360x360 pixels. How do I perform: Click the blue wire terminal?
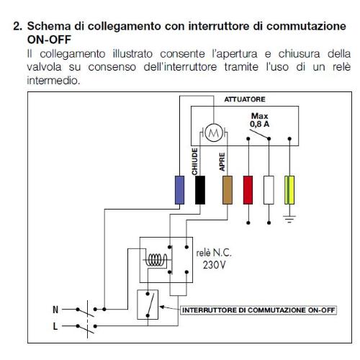click(x=179, y=190)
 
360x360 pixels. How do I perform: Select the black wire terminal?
click(x=200, y=190)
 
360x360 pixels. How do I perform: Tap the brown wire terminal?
click(x=228, y=190)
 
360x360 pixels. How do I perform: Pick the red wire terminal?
click(x=248, y=190)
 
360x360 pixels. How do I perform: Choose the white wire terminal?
click(x=269, y=190)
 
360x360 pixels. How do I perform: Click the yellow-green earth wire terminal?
click(x=289, y=190)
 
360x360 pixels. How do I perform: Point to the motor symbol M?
click(x=214, y=132)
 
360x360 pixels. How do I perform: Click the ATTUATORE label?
click(x=245, y=99)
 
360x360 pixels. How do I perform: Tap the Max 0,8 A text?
click(x=259, y=120)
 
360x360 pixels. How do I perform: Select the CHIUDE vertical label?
click(x=194, y=161)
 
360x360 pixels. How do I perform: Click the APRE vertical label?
click(x=222, y=162)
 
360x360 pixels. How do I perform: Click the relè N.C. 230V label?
click(x=214, y=259)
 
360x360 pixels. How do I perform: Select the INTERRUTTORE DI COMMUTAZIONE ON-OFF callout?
click(x=258, y=310)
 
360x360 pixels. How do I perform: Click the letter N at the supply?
click(x=55, y=310)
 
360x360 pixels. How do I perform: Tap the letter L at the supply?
click(x=55, y=326)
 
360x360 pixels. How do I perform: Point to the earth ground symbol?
click(x=289, y=219)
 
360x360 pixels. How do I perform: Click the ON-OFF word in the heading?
click(x=49, y=40)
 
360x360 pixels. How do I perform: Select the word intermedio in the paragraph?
click(x=53, y=81)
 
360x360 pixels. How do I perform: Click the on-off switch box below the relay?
click(x=148, y=305)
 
